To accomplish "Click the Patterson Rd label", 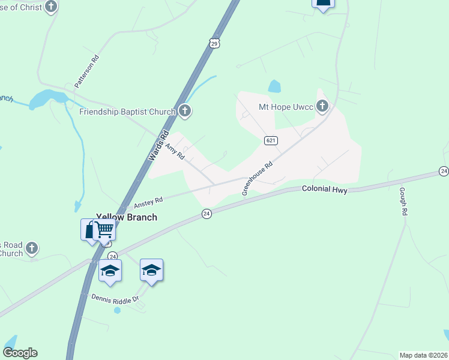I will click(86, 73).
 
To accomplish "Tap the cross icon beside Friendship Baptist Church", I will click(185, 111).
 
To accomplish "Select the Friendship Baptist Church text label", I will click(127, 112).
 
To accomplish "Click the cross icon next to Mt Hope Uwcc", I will click(322, 107).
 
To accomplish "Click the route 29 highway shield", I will click(214, 43).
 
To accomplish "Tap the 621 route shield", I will click(270, 140).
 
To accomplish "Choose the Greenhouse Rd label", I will click(258, 178).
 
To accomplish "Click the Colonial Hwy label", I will click(324, 189).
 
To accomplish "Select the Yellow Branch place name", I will click(127, 217).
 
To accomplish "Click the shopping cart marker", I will click(105, 229).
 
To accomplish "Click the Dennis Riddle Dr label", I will click(115, 298).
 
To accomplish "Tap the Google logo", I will click(20, 353).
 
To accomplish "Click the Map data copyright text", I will click(423, 355).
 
